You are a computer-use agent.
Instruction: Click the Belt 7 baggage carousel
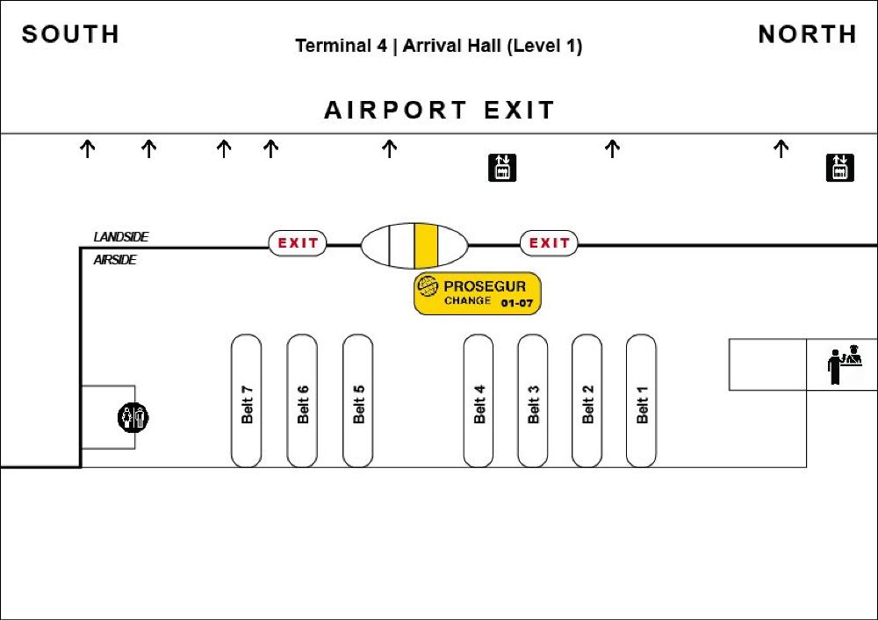tap(247, 400)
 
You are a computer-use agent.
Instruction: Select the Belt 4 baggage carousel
tap(479, 400)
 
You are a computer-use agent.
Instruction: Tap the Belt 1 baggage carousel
tap(641, 400)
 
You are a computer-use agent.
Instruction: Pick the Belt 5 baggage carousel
tap(358, 400)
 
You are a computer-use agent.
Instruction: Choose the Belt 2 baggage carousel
tap(587, 400)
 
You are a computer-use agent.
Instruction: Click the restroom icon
tap(133, 417)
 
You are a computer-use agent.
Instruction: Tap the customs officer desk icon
tap(845, 364)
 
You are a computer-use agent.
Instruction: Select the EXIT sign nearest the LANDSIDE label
tap(298, 243)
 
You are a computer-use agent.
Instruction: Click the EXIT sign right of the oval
tap(549, 243)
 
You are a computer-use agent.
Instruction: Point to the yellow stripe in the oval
tap(426, 245)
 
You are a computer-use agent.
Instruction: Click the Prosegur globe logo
tap(427, 286)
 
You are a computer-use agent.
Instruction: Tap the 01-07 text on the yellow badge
tap(517, 303)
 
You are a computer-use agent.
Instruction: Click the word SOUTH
tap(70, 34)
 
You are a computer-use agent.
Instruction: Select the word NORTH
tap(808, 34)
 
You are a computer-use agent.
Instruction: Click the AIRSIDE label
tap(115, 260)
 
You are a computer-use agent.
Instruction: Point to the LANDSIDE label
tap(121, 237)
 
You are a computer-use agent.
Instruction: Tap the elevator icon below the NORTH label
tap(840, 168)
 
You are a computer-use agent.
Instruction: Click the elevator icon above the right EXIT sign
tap(502, 168)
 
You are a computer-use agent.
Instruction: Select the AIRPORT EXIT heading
tap(440, 110)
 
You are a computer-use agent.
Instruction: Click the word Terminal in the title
tap(341, 46)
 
